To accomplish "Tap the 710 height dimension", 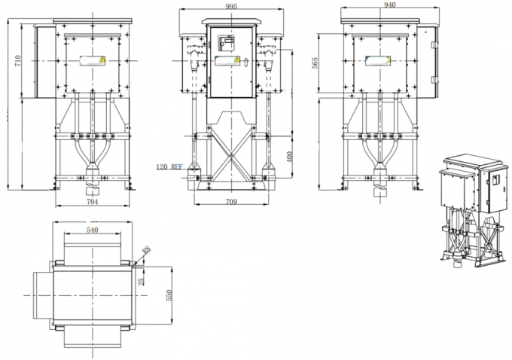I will (17, 60).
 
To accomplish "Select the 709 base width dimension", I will (232, 202).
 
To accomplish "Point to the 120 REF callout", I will (170, 166).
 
